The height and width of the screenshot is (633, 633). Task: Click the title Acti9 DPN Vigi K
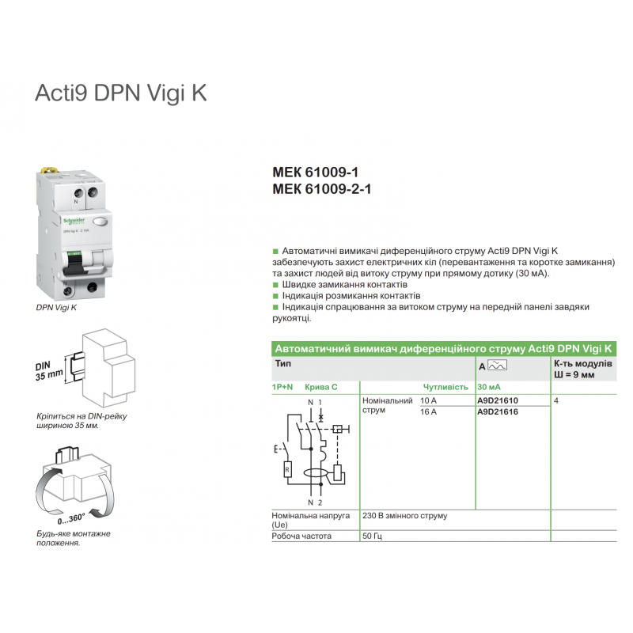120,93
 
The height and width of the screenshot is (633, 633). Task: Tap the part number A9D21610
498,401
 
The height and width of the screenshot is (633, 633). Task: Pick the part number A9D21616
498,412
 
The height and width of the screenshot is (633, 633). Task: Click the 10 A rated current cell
428,401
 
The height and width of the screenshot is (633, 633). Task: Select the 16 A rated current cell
428,412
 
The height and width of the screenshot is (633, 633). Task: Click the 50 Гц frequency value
373,536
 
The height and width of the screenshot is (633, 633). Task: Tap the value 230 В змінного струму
404,516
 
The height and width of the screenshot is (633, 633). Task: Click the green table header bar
444,348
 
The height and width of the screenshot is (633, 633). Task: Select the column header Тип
282,363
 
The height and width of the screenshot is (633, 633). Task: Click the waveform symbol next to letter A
498,366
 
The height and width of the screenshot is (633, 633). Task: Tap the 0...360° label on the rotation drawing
72,519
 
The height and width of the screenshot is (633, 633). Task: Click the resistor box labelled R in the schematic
286,471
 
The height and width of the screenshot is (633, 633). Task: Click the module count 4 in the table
558,401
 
